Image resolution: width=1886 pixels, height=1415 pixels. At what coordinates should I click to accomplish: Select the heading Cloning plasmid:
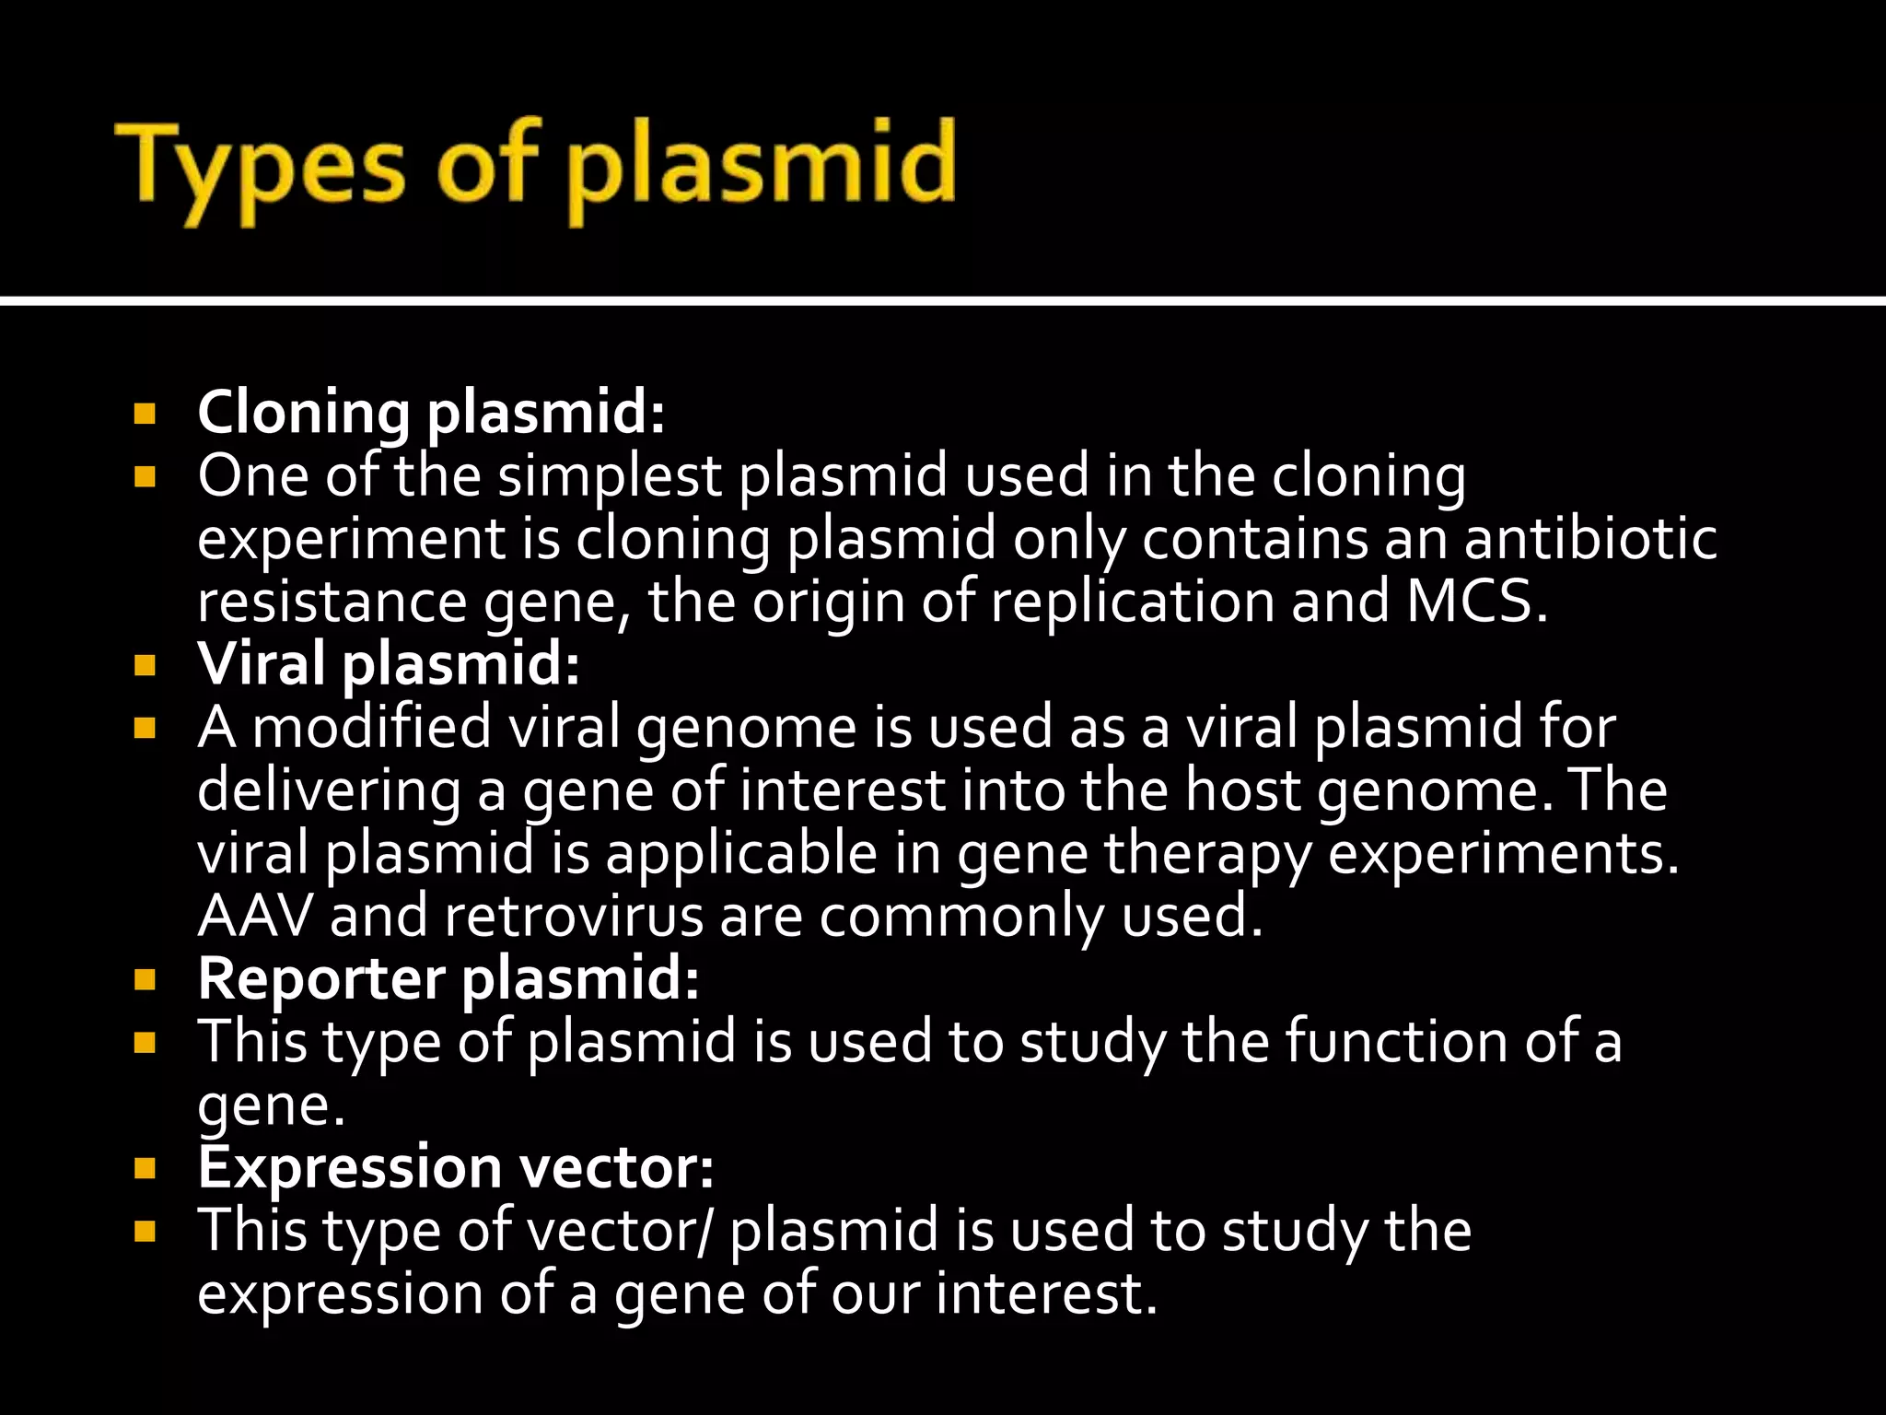(x=431, y=412)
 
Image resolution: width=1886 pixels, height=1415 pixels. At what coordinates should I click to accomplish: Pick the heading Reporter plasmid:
(x=448, y=977)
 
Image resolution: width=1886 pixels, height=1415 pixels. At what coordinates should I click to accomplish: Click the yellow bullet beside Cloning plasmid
(x=145, y=413)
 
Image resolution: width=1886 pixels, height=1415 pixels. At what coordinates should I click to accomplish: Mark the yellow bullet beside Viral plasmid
(x=145, y=664)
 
